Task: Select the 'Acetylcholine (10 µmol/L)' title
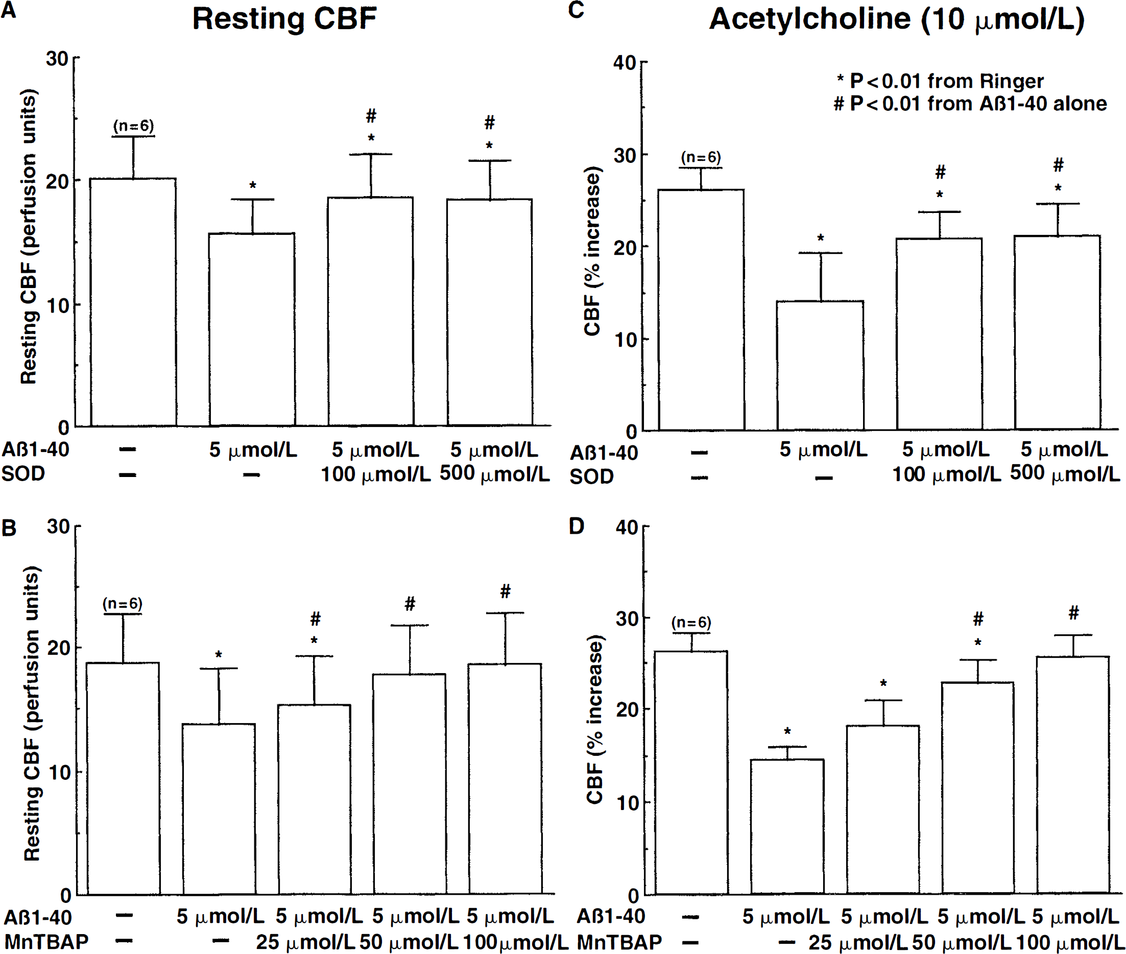point(897,19)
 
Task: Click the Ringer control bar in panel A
point(133,302)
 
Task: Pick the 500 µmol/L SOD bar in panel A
point(489,313)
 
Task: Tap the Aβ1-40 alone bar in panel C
point(820,366)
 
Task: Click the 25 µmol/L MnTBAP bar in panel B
point(314,799)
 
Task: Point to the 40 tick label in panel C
point(625,63)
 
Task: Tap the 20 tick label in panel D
point(628,709)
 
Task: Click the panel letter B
point(9,529)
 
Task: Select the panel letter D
point(577,526)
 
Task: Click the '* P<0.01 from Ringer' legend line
point(941,81)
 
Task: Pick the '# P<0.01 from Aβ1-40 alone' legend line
point(970,103)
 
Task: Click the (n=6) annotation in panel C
point(701,157)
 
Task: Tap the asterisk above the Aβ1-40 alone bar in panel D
point(787,732)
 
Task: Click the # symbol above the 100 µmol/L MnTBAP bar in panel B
point(505,591)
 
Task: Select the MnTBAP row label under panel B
point(46,942)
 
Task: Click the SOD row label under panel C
point(592,476)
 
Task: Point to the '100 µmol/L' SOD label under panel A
point(376,474)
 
